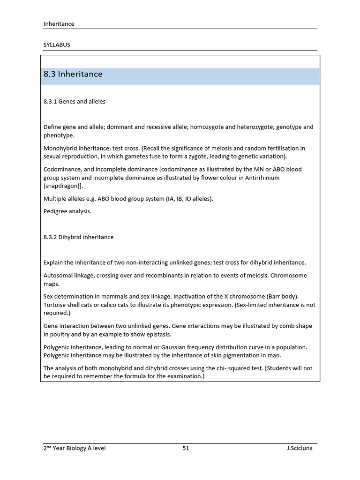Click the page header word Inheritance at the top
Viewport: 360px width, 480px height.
(59, 24)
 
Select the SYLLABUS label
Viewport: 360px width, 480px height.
(57, 45)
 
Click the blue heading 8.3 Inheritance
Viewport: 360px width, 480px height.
(73, 75)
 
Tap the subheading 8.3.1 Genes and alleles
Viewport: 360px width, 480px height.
(75, 102)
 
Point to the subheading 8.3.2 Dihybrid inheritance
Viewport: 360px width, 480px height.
(78, 237)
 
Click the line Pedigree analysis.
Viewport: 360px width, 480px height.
(67, 211)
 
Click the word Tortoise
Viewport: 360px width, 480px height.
(55, 305)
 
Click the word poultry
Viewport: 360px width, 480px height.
(61, 334)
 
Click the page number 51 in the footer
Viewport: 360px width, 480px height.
(186, 448)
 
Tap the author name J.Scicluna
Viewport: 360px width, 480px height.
(300, 448)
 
